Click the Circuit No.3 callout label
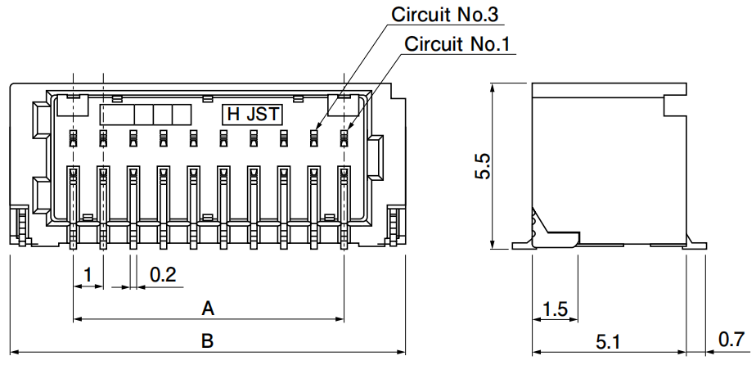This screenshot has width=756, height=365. [x=444, y=15]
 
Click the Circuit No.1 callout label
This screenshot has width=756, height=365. [x=457, y=44]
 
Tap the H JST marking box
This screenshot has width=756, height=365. [x=253, y=115]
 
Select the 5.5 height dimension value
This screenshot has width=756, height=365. [x=483, y=166]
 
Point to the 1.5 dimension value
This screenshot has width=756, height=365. [x=555, y=309]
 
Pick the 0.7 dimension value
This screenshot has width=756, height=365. [x=731, y=340]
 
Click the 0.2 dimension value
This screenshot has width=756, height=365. [x=163, y=275]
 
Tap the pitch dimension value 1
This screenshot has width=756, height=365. [x=88, y=275]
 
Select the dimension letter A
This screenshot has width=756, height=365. [x=208, y=308]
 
